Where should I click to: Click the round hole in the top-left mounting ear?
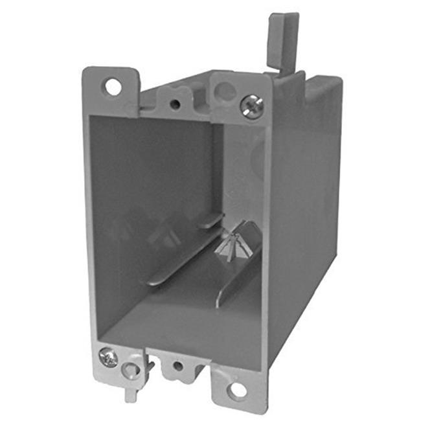(x=114, y=86)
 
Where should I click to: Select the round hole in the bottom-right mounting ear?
(x=238, y=390)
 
